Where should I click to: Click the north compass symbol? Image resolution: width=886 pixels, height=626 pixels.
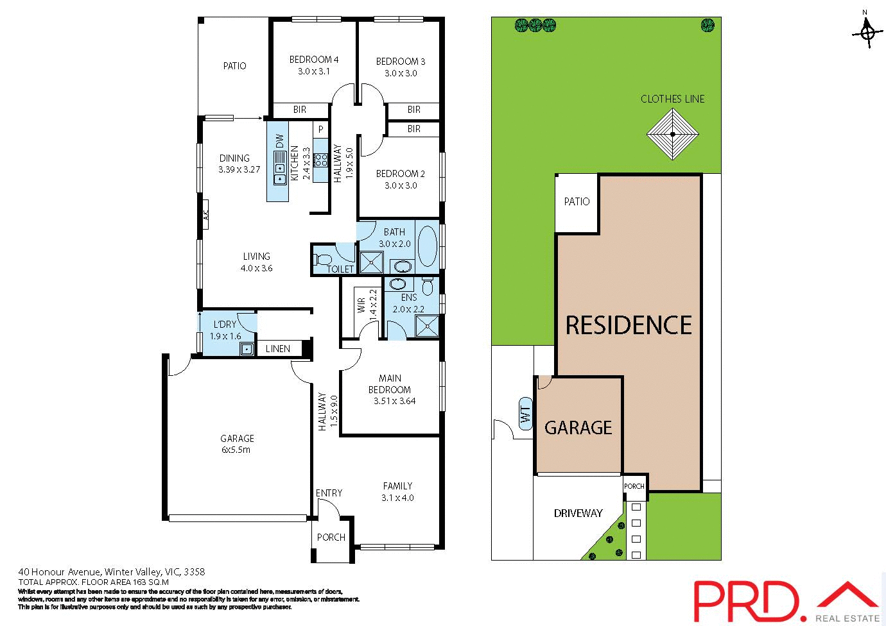(x=867, y=31)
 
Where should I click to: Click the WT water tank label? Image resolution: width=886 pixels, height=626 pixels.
(x=526, y=414)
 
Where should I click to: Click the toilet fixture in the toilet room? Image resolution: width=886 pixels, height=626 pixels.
(x=322, y=260)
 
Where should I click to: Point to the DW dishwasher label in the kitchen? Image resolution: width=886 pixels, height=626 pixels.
(x=279, y=140)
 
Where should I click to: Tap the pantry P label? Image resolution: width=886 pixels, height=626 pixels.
(x=320, y=129)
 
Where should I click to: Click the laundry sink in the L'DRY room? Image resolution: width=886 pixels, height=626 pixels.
(x=247, y=348)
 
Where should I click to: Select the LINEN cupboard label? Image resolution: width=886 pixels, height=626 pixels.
(x=278, y=349)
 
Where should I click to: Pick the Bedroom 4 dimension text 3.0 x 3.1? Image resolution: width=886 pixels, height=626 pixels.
(x=314, y=71)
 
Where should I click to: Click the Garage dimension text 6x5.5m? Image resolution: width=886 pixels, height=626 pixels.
(x=236, y=450)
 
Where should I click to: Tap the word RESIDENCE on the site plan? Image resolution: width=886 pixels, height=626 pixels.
(x=629, y=325)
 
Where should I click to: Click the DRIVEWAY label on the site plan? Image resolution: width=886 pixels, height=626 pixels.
(x=578, y=513)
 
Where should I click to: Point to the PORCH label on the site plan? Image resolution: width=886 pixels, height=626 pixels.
(x=634, y=486)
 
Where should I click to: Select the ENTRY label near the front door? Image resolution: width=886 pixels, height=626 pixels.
(x=329, y=493)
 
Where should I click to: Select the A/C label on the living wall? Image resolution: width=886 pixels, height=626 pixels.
(x=206, y=216)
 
